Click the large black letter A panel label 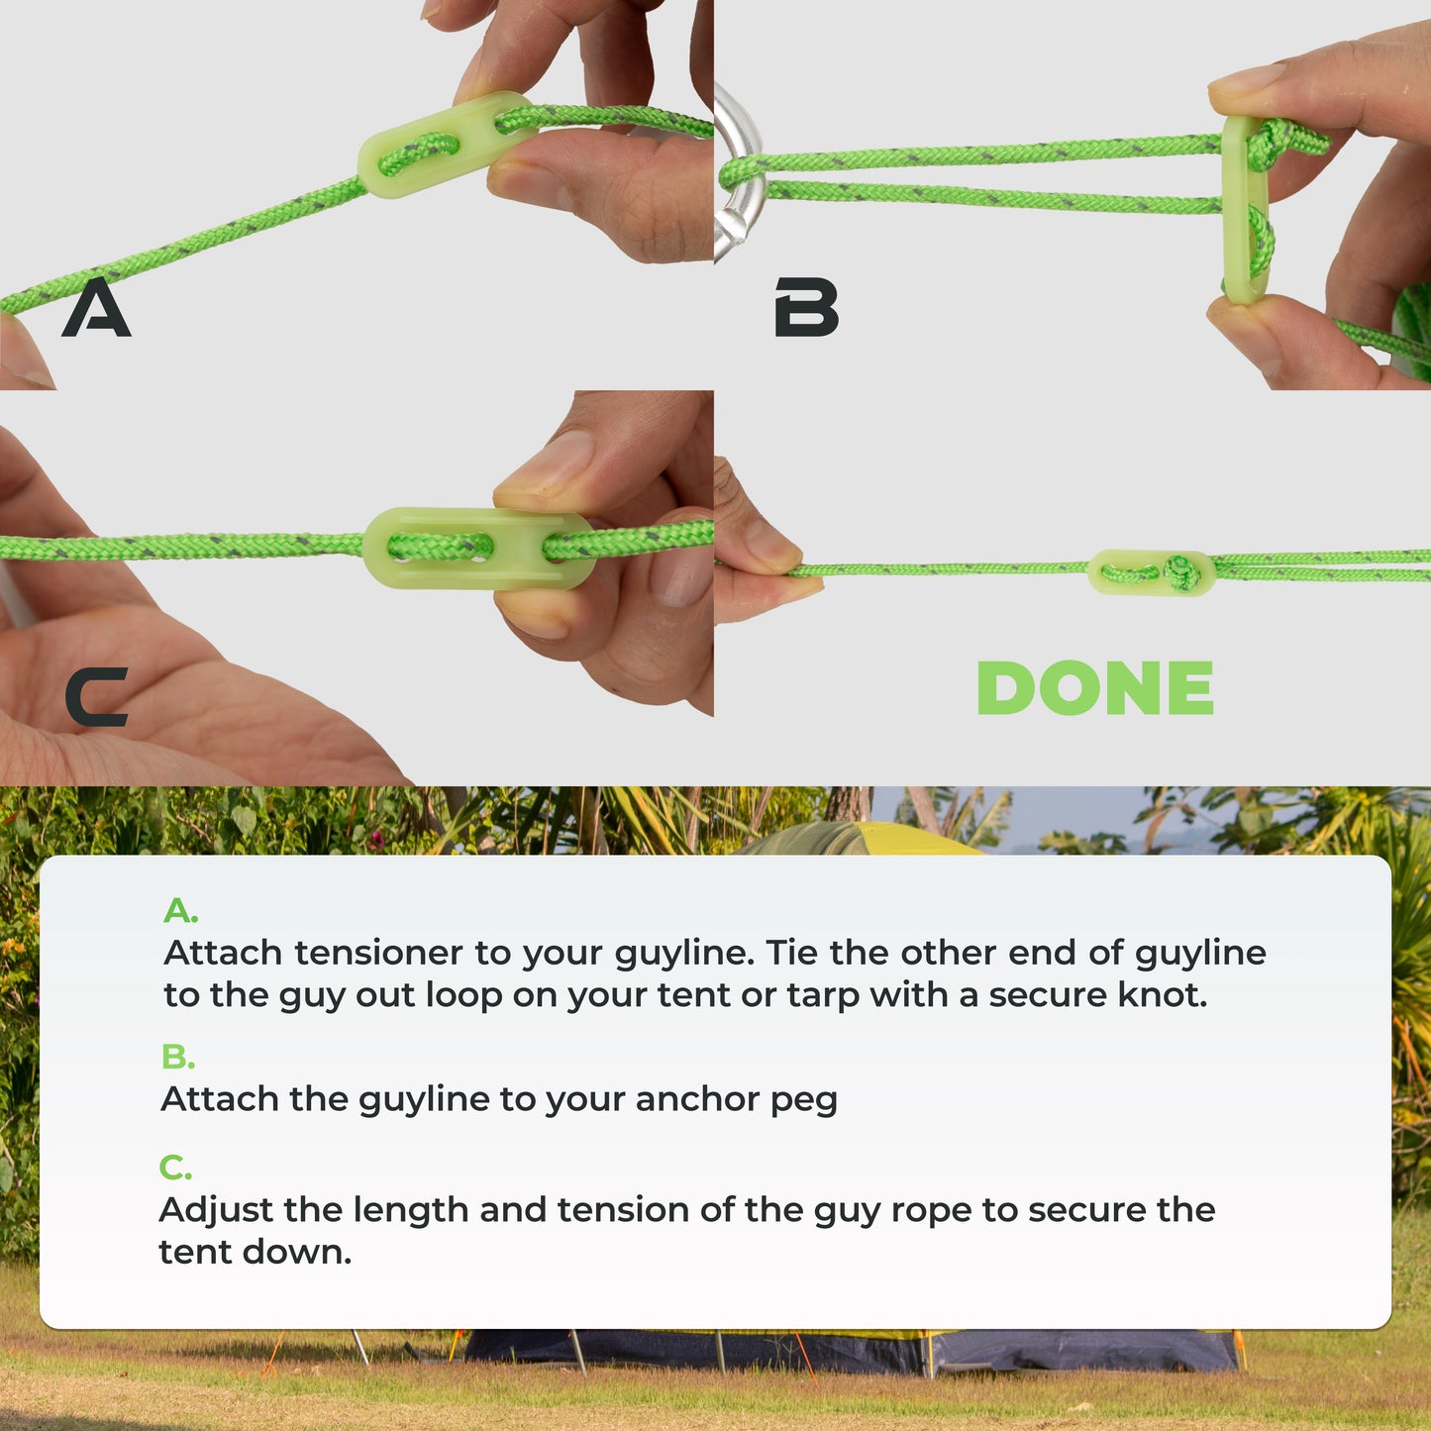pos(96,307)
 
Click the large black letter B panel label pos(806,307)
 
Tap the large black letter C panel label pos(96,696)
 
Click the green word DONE pos(1094,687)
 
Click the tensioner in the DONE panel pos(1151,572)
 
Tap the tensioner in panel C pos(479,548)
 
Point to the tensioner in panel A pos(446,145)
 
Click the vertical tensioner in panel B pos(1246,209)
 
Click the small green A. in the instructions pos(180,910)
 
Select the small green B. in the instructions pos(178,1056)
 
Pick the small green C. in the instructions pos(176,1167)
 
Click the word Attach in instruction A pos(223,953)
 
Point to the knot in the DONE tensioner pos(1180,573)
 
